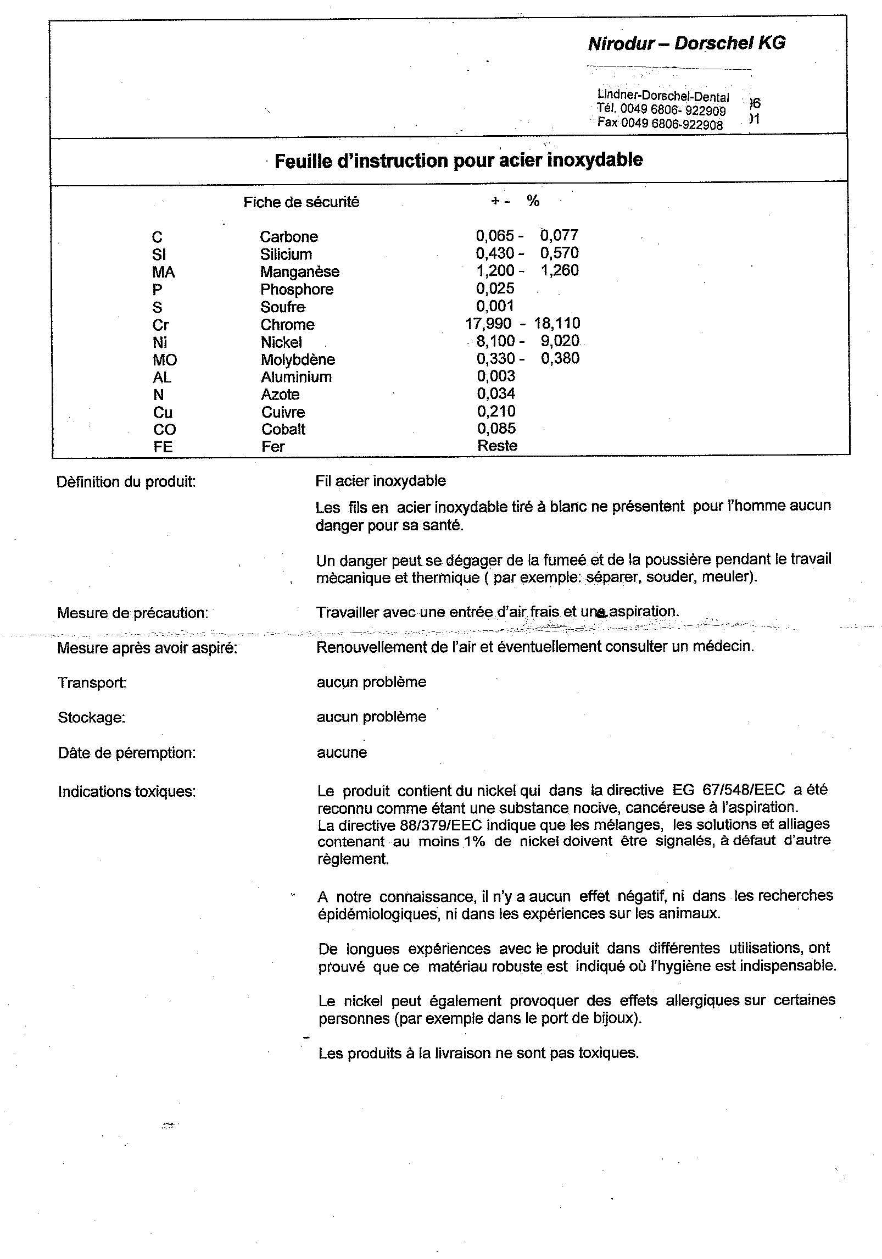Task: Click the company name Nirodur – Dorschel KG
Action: pyautogui.click(x=686, y=43)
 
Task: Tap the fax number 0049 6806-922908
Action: pyautogui.click(x=672, y=124)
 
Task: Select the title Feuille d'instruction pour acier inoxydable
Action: pyautogui.click(x=458, y=160)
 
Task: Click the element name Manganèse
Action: pyautogui.click(x=299, y=272)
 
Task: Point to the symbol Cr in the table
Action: pyautogui.click(x=160, y=325)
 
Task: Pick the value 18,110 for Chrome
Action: pyautogui.click(x=557, y=323)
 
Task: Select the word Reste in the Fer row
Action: pyautogui.click(x=497, y=446)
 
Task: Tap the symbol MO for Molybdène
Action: pyautogui.click(x=165, y=360)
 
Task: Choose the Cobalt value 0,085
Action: pyautogui.click(x=496, y=428)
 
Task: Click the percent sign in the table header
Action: pyautogui.click(x=533, y=201)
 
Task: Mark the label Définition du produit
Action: pyautogui.click(x=126, y=482)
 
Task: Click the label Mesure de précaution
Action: pyautogui.click(x=132, y=613)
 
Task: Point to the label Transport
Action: pyautogui.click(x=92, y=683)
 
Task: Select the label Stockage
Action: pyautogui.click(x=91, y=718)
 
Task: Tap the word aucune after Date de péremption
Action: pyautogui.click(x=342, y=752)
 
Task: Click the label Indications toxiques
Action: pyautogui.click(x=126, y=792)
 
